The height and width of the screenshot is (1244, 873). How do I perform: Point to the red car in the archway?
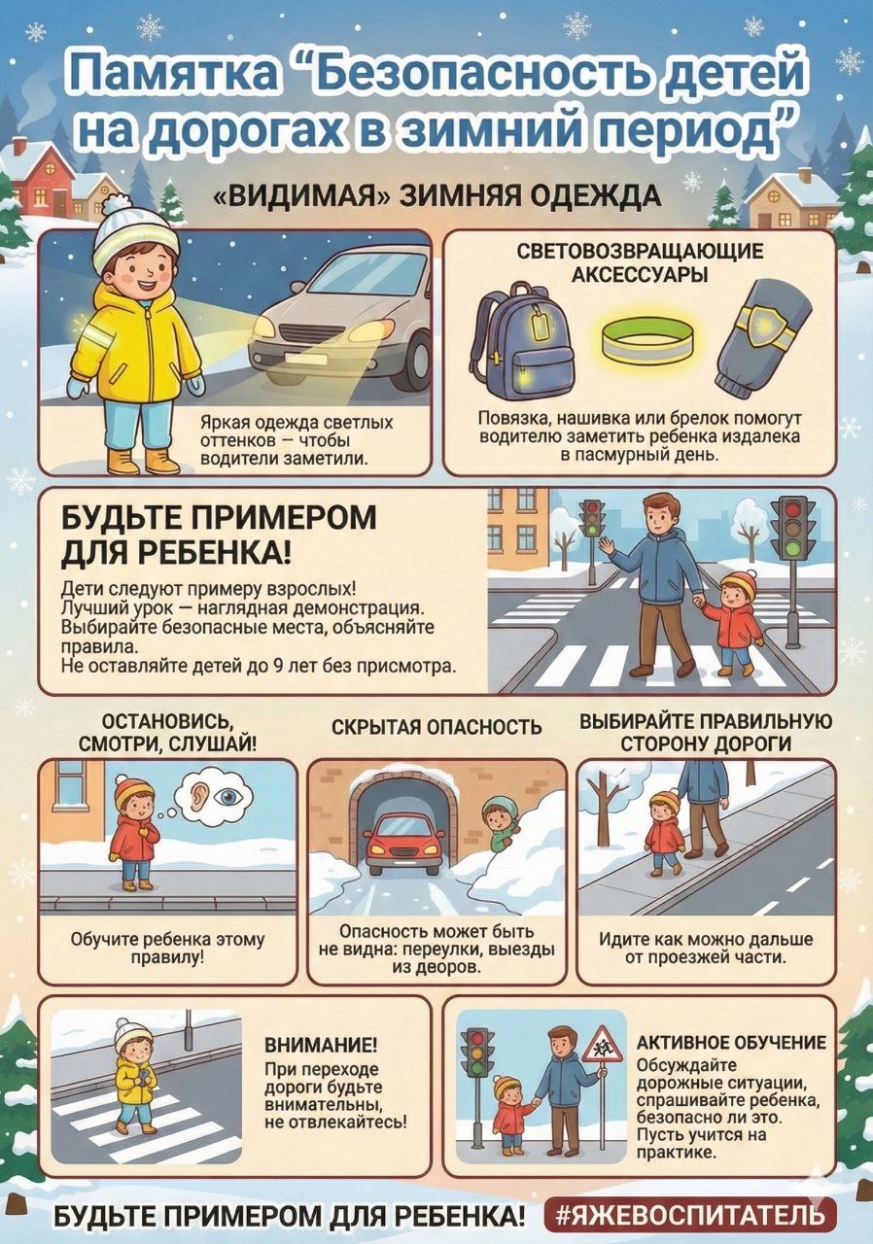402,843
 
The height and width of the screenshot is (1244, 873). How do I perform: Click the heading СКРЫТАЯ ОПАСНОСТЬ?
436,728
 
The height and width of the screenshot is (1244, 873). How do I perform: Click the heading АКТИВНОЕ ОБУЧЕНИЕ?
731,1043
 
